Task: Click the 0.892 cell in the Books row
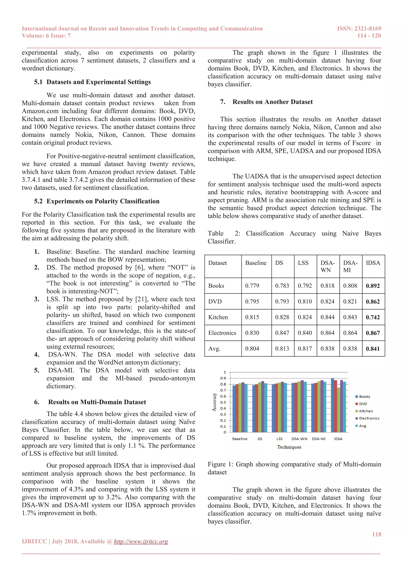pos(372,286)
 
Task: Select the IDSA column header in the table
pos(373,263)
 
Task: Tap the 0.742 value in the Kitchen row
pos(372,317)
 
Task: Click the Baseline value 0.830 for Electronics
pos(252,333)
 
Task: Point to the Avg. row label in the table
pos(214,349)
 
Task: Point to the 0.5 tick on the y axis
pos(223,402)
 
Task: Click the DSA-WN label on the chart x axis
pos(299,439)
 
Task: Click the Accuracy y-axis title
pos(214,402)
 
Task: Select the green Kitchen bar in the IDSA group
pos(339,410)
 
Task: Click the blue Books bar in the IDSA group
pos(333,405)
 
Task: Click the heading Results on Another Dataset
pos(272,102)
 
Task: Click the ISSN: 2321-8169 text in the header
pos(359,29)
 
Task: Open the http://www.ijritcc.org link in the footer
pos(141,541)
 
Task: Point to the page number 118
pos(376,534)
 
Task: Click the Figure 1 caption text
pos(294,468)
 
